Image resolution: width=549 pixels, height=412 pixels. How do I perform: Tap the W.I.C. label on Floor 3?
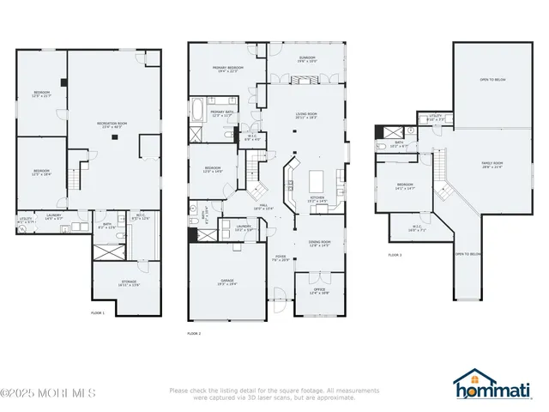point(418,229)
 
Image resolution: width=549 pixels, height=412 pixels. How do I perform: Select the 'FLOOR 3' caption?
point(395,256)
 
